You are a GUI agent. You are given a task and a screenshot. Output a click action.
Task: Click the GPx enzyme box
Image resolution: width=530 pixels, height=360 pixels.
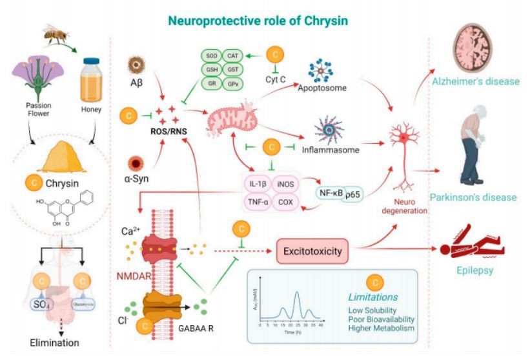[232, 84]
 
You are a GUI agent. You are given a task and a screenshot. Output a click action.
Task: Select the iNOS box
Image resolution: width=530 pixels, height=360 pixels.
[285, 183]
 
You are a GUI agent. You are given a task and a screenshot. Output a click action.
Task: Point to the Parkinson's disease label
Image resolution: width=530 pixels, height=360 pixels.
[476, 197]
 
